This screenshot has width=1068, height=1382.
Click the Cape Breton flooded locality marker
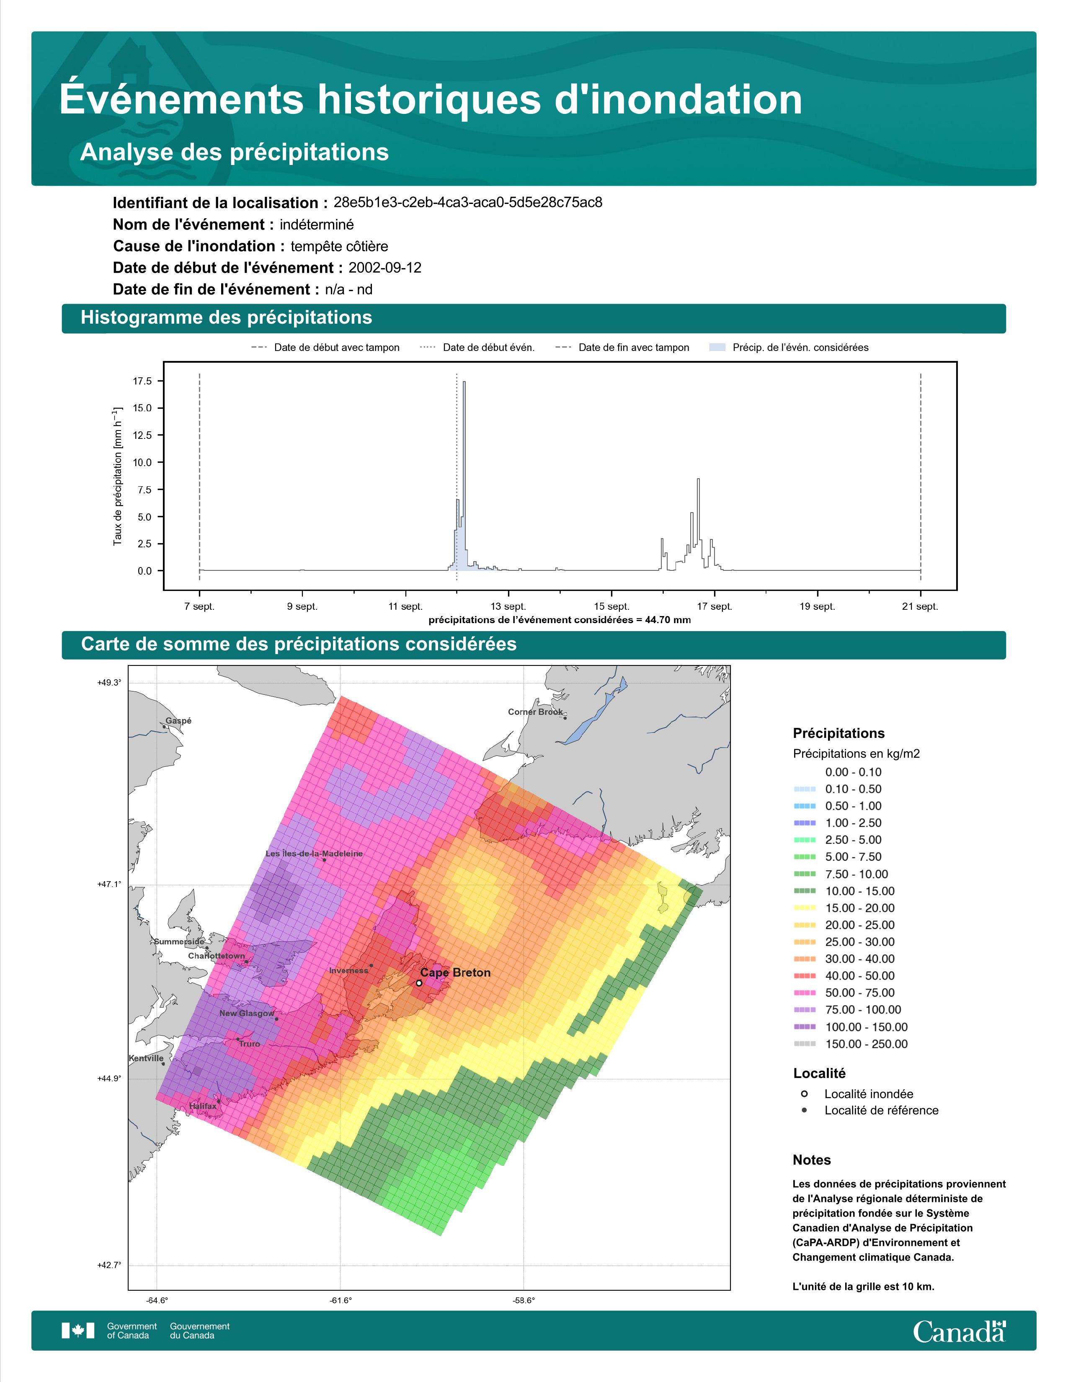pyautogui.click(x=419, y=983)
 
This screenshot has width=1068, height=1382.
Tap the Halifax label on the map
pyautogui.click(x=202, y=1106)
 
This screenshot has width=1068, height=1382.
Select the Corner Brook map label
pyautogui.click(x=535, y=712)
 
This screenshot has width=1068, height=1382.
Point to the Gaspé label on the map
pyautogui.click(x=178, y=721)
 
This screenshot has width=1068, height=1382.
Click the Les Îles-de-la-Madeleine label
pyautogui.click(x=315, y=853)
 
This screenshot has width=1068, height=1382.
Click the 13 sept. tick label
pyautogui.click(x=508, y=606)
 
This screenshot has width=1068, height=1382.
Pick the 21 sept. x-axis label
pyautogui.click(x=920, y=606)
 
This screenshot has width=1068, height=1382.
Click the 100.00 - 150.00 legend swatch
pyautogui.click(x=804, y=1027)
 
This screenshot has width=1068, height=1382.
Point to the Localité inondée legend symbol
pyautogui.click(x=804, y=1093)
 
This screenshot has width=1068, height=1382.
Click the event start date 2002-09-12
pyautogui.click(x=384, y=268)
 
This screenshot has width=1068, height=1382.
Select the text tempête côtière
pyautogui.click(x=339, y=246)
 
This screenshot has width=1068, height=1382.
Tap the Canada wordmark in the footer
pyautogui.click(x=959, y=1331)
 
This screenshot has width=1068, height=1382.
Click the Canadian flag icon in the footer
pyautogui.click(x=78, y=1331)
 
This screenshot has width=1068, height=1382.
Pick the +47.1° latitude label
pyautogui.click(x=109, y=884)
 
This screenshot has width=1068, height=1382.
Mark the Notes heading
pyautogui.click(x=812, y=1160)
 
